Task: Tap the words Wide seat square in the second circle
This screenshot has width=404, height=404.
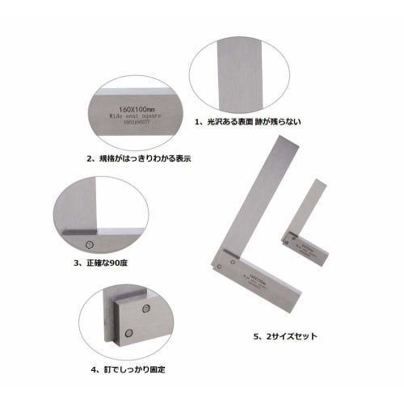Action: click(131, 116)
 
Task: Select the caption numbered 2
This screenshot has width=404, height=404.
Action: click(138, 158)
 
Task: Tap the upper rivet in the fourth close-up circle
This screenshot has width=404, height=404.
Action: click(146, 308)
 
